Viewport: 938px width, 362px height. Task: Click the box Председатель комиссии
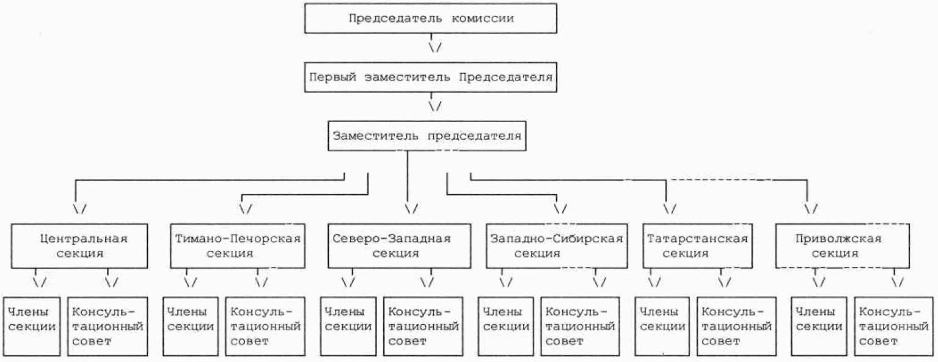click(431, 18)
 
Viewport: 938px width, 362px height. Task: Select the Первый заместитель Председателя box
click(431, 78)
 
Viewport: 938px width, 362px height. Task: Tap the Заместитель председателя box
click(427, 136)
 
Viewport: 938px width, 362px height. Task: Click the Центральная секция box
click(79, 245)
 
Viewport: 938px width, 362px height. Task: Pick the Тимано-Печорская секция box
click(238, 245)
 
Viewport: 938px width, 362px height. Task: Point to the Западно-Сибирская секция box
click(556, 245)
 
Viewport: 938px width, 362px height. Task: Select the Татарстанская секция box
click(697, 245)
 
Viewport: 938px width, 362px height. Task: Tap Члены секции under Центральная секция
click(32, 326)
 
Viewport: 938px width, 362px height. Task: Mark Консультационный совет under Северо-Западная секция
click(423, 326)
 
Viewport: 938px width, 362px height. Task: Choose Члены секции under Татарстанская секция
click(662, 326)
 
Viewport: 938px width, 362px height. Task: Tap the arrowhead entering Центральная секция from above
click(80, 208)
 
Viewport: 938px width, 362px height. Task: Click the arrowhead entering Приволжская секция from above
click(811, 208)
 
